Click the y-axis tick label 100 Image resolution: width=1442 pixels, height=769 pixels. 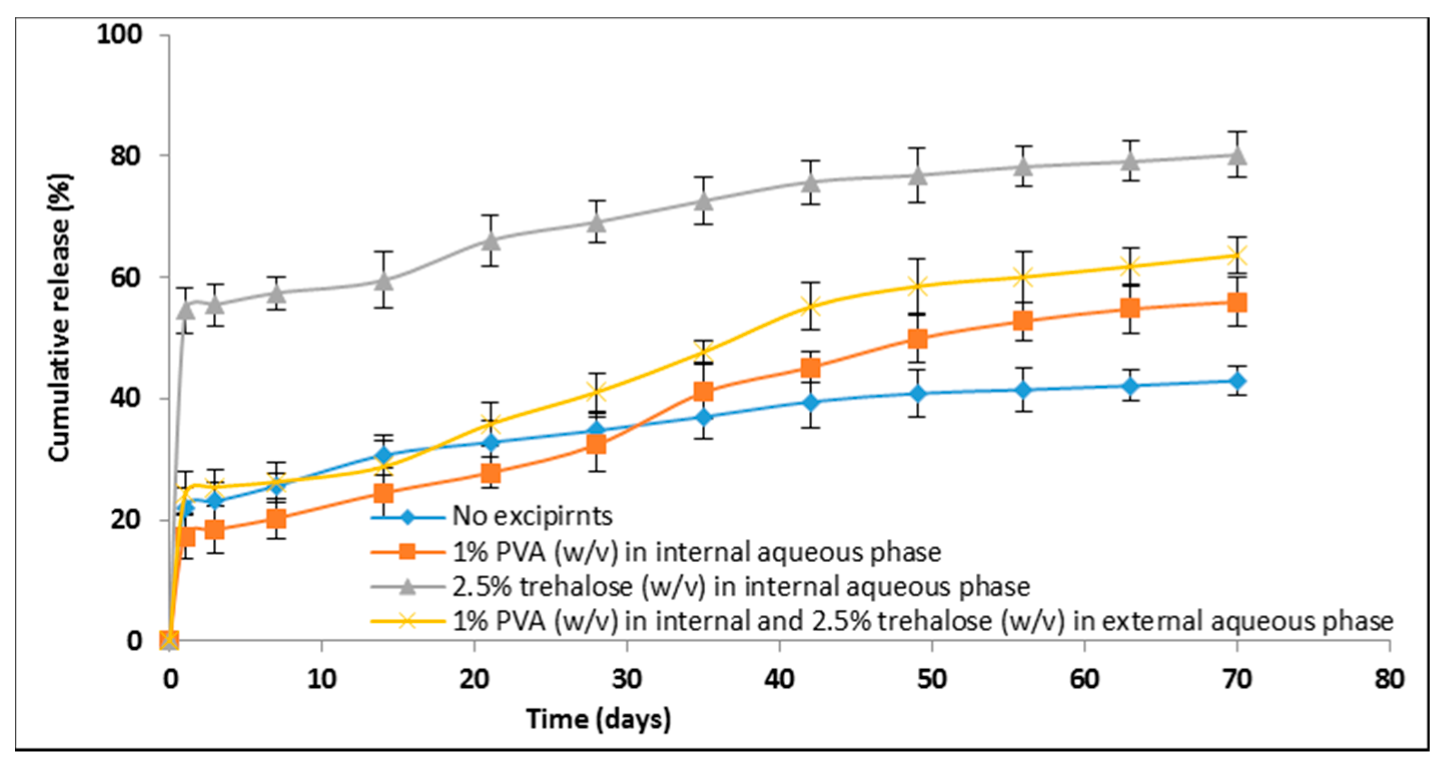pos(120,34)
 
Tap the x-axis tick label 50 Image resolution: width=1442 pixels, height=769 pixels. pos(932,679)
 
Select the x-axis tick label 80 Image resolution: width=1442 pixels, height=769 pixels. pos(1389,679)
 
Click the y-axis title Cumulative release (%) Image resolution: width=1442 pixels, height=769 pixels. pos(60,318)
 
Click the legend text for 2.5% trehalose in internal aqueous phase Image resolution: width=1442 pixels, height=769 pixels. pos(741,586)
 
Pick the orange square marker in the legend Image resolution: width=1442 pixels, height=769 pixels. pos(408,551)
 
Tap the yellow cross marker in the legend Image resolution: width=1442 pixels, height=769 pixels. pos(408,621)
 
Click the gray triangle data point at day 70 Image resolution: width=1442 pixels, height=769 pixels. pos(1237,155)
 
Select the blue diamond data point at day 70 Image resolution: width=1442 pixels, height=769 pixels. pos(1237,381)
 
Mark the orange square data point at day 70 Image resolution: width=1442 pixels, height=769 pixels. pos(1237,303)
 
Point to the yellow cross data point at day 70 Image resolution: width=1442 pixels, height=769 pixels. pos(1237,256)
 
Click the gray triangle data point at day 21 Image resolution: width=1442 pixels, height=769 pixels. pos(491,241)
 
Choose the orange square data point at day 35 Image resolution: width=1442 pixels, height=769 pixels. pos(703,391)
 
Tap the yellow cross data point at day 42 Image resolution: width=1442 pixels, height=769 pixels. pos(810,306)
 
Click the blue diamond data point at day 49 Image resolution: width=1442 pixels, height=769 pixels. pos(917,393)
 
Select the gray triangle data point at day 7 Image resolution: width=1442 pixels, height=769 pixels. pos(276,293)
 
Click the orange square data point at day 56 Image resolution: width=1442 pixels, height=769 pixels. pos(1023,321)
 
